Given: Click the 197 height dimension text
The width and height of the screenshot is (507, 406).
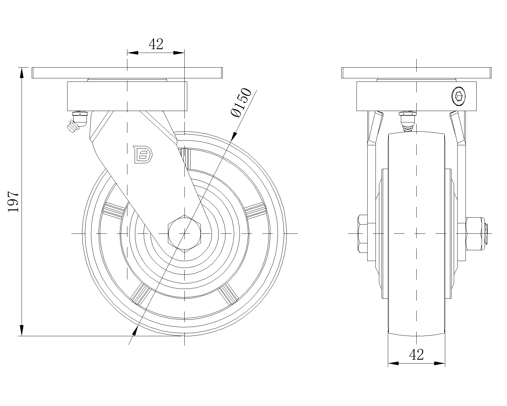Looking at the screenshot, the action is pyautogui.click(x=13, y=202).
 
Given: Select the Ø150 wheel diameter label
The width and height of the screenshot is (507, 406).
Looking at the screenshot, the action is pyautogui.click(x=241, y=103).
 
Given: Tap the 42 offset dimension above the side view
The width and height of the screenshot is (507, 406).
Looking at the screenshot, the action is pyautogui.click(x=156, y=44).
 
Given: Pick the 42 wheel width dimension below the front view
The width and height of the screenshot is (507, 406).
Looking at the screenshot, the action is pyautogui.click(x=416, y=355).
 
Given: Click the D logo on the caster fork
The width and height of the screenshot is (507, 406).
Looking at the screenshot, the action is pyautogui.click(x=143, y=154).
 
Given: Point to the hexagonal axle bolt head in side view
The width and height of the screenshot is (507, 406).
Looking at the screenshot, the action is pyautogui.click(x=184, y=233).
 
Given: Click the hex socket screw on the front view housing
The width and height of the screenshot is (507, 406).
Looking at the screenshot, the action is pyautogui.click(x=459, y=96).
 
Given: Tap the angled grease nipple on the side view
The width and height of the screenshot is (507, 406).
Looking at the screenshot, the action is pyautogui.click(x=77, y=121).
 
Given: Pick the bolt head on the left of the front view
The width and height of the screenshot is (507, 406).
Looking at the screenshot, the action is pyautogui.click(x=363, y=233).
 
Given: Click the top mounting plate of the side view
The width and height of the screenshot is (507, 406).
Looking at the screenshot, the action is pyautogui.click(x=127, y=73).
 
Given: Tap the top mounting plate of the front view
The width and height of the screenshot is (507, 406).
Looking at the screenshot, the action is pyautogui.click(x=416, y=73).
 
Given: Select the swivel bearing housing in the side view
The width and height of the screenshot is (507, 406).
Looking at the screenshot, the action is pyautogui.click(x=127, y=96).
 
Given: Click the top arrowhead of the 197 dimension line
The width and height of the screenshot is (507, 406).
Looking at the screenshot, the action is pyautogui.click(x=22, y=73).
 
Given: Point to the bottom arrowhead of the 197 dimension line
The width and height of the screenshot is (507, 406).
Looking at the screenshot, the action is pyautogui.click(x=22, y=331).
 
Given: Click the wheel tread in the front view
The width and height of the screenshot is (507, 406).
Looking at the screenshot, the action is pyautogui.click(x=416, y=233).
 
